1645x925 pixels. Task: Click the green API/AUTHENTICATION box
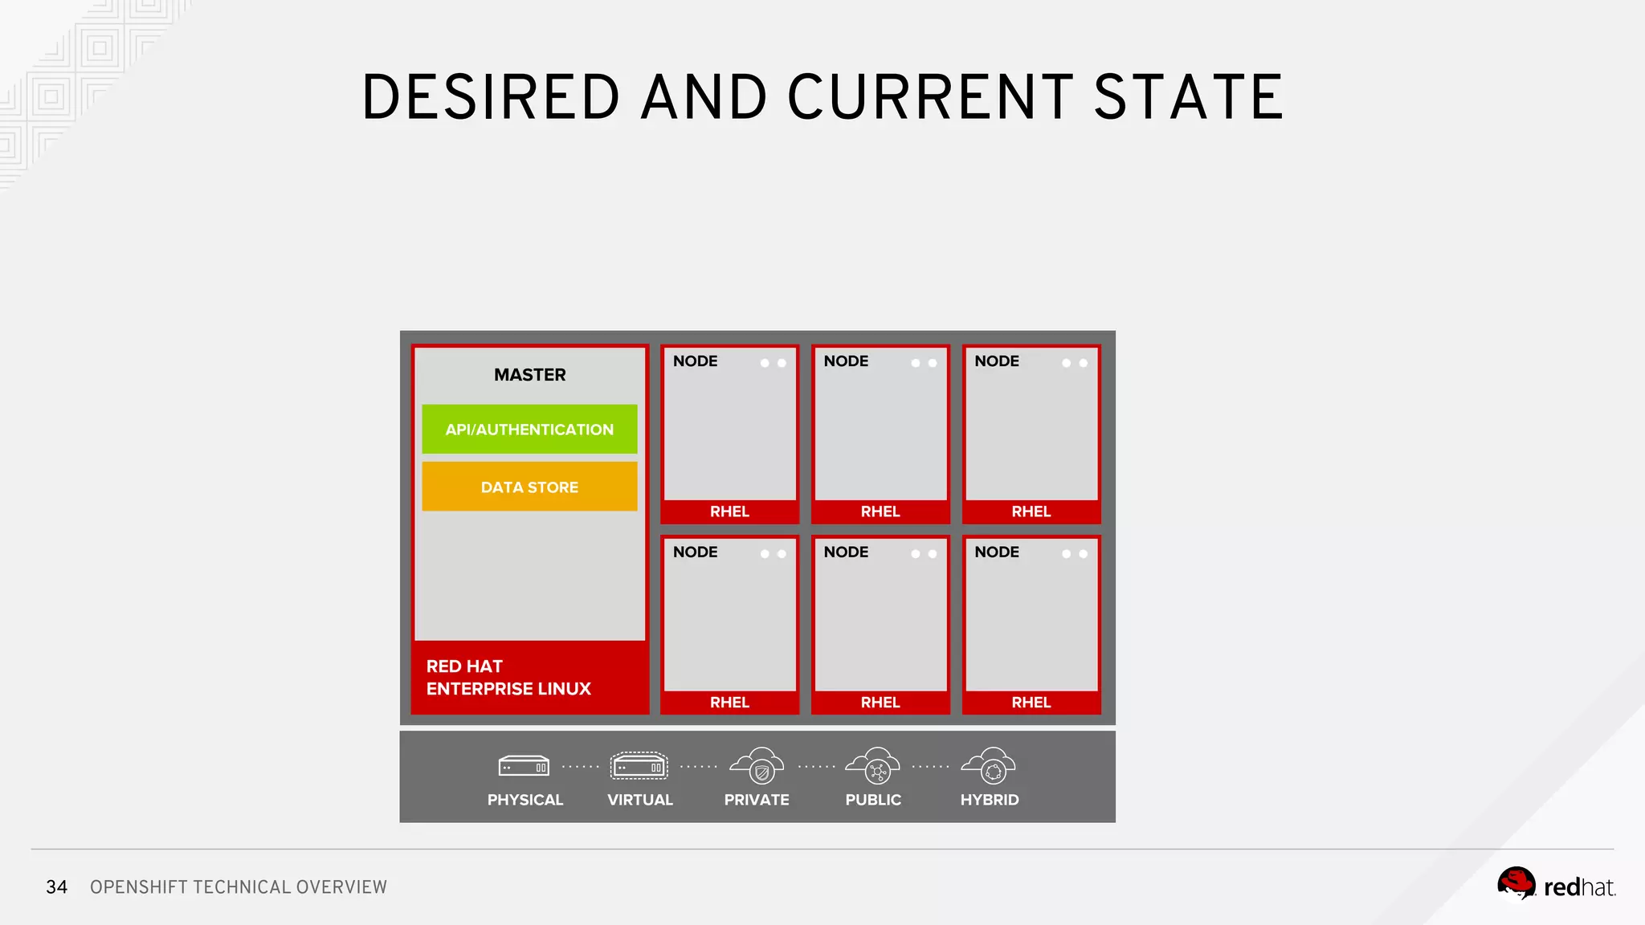click(x=529, y=430)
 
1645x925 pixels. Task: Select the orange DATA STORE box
click(x=529, y=487)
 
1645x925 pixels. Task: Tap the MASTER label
click(x=530, y=375)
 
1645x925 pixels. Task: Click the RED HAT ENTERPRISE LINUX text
click(x=508, y=678)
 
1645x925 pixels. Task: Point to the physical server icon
click(x=524, y=767)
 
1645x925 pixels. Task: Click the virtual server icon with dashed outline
click(x=639, y=766)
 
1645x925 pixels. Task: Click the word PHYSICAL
click(x=525, y=800)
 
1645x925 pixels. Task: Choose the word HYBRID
click(x=990, y=800)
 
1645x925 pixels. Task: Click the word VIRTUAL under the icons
click(x=640, y=800)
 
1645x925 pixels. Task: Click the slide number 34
click(x=56, y=887)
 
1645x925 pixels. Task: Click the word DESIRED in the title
click(x=492, y=97)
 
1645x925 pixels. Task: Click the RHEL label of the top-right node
click(x=1031, y=511)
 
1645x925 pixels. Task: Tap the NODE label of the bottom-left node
click(x=696, y=552)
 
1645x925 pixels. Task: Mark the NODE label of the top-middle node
click(x=846, y=361)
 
